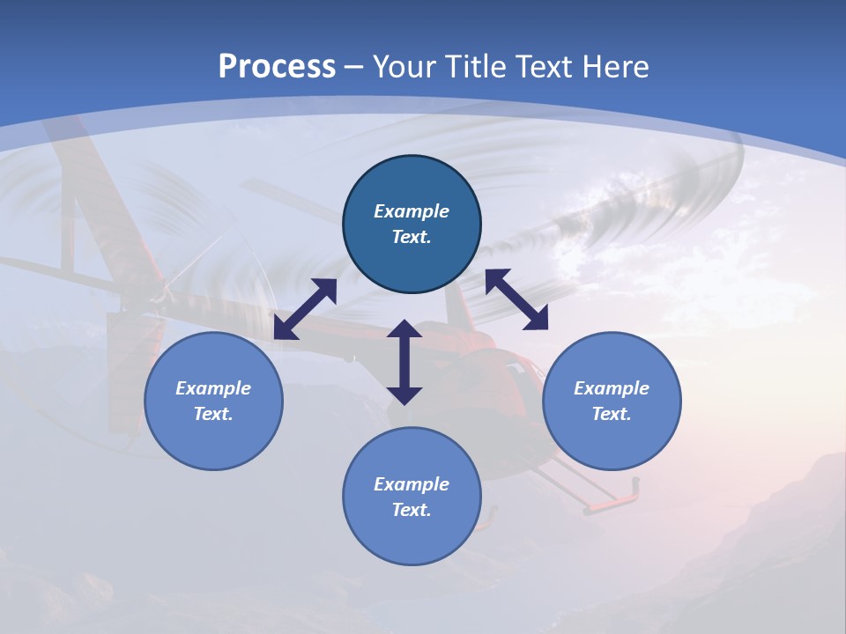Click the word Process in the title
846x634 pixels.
click(277, 67)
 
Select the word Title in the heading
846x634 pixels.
click(471, 67)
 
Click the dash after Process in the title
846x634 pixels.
click(353, 68)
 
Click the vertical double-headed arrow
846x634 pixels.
click(404, 362)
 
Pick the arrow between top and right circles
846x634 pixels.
click(516, 299)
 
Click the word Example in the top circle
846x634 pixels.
click(412, 211)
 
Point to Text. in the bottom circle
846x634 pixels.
click(412, 510)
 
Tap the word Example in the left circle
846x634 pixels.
click(213, 388)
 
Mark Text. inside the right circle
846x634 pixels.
click(612, 414)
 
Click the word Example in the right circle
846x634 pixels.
click(612, 388)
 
